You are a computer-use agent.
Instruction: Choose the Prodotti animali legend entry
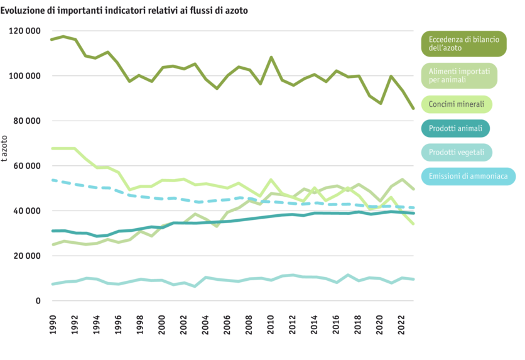point(455,129)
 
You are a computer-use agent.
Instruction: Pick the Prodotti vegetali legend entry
point(456,153)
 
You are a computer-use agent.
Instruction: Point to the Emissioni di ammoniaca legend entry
point(467,177)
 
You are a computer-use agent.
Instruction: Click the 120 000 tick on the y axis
point(26,31)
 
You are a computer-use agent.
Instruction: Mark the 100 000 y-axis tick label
point(26,76)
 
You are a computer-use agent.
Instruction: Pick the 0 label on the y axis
point(38,301)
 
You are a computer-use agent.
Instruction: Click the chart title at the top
point(124,11)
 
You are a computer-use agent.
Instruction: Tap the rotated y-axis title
point(5,148)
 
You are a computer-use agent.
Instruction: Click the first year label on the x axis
point(53,324)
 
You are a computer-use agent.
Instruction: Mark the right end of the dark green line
point(413,109)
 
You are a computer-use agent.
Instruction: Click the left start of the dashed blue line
point(52,180)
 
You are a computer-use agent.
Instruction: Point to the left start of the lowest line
point(52,285)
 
